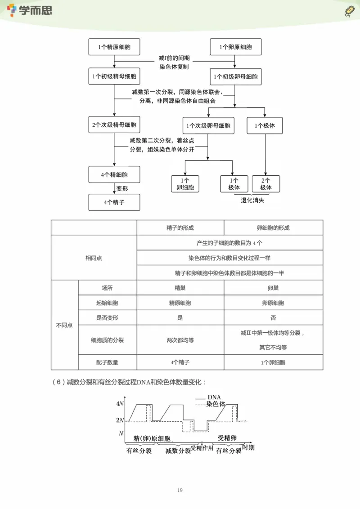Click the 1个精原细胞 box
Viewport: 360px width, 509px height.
(114, 47)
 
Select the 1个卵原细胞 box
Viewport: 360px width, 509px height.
(236, 47)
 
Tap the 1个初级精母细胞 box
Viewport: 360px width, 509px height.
(114, 77)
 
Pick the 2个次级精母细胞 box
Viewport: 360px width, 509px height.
(114, 125)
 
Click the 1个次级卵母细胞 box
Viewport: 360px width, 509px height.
(208, 125)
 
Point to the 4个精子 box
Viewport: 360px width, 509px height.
(114, 202)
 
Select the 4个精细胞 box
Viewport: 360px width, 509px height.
(114, 174)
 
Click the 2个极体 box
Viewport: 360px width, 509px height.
(266, 184)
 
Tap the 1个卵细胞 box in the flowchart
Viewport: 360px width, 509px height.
(185, 184)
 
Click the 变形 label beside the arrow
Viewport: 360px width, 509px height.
(122, 189)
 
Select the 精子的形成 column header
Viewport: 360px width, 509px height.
(180, 228)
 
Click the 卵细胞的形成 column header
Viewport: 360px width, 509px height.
(273, 228)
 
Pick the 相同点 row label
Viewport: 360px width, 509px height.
(94, 258)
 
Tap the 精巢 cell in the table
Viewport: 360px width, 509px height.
(180, 288)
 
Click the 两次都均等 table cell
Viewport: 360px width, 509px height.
(180, 340)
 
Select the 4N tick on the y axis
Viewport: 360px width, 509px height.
(120, 403)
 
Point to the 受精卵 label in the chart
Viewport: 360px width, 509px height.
(227, 438)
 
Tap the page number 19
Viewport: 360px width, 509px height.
(180, 490)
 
